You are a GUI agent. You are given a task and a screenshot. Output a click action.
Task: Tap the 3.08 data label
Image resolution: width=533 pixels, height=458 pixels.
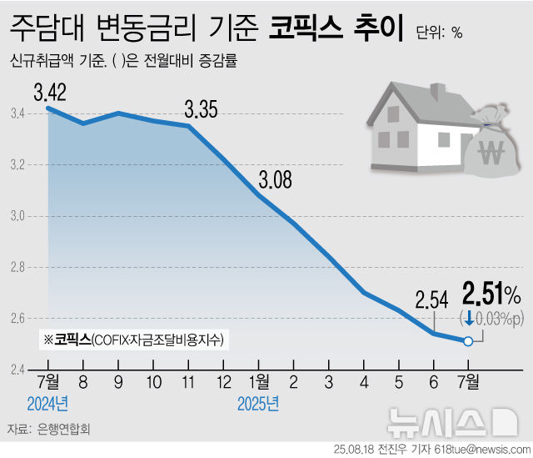click(276, 179)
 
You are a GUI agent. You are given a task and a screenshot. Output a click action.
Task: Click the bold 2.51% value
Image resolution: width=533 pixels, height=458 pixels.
click(491, 294)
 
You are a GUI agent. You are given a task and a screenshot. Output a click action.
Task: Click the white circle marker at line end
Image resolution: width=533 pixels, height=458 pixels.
click(468, 340)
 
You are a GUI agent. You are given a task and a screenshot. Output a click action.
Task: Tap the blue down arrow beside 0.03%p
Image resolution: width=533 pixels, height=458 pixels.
click(470, 318)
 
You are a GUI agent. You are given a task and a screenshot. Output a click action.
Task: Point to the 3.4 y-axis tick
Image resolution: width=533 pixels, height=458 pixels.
click(17, 114)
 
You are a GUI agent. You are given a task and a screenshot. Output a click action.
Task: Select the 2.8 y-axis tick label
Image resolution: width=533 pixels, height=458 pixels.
click(17, 268)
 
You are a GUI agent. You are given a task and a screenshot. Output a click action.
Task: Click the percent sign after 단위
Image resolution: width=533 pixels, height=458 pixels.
click(457, 33)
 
